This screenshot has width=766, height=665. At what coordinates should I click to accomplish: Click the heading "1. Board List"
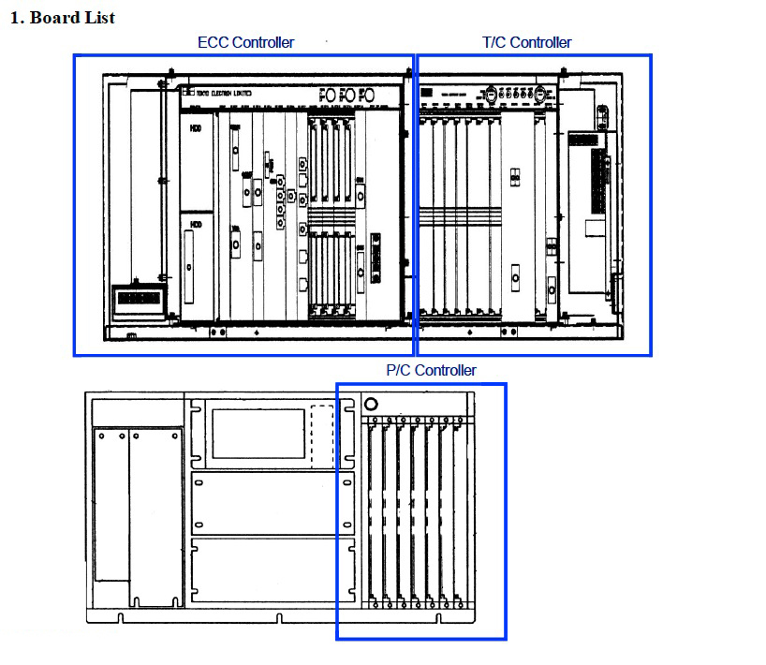click(62, 18)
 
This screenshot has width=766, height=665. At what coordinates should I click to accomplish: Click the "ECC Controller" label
click(245, 42)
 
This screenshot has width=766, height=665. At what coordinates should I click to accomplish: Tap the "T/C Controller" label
click(526, 42)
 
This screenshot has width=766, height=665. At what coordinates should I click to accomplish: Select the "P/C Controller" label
click(431, 370)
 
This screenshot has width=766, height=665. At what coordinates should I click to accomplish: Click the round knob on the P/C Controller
click(371, 405)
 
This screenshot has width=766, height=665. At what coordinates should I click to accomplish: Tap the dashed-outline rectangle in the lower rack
click(321, 433)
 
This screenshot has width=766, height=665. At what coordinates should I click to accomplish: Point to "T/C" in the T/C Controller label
click(494, 42)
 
